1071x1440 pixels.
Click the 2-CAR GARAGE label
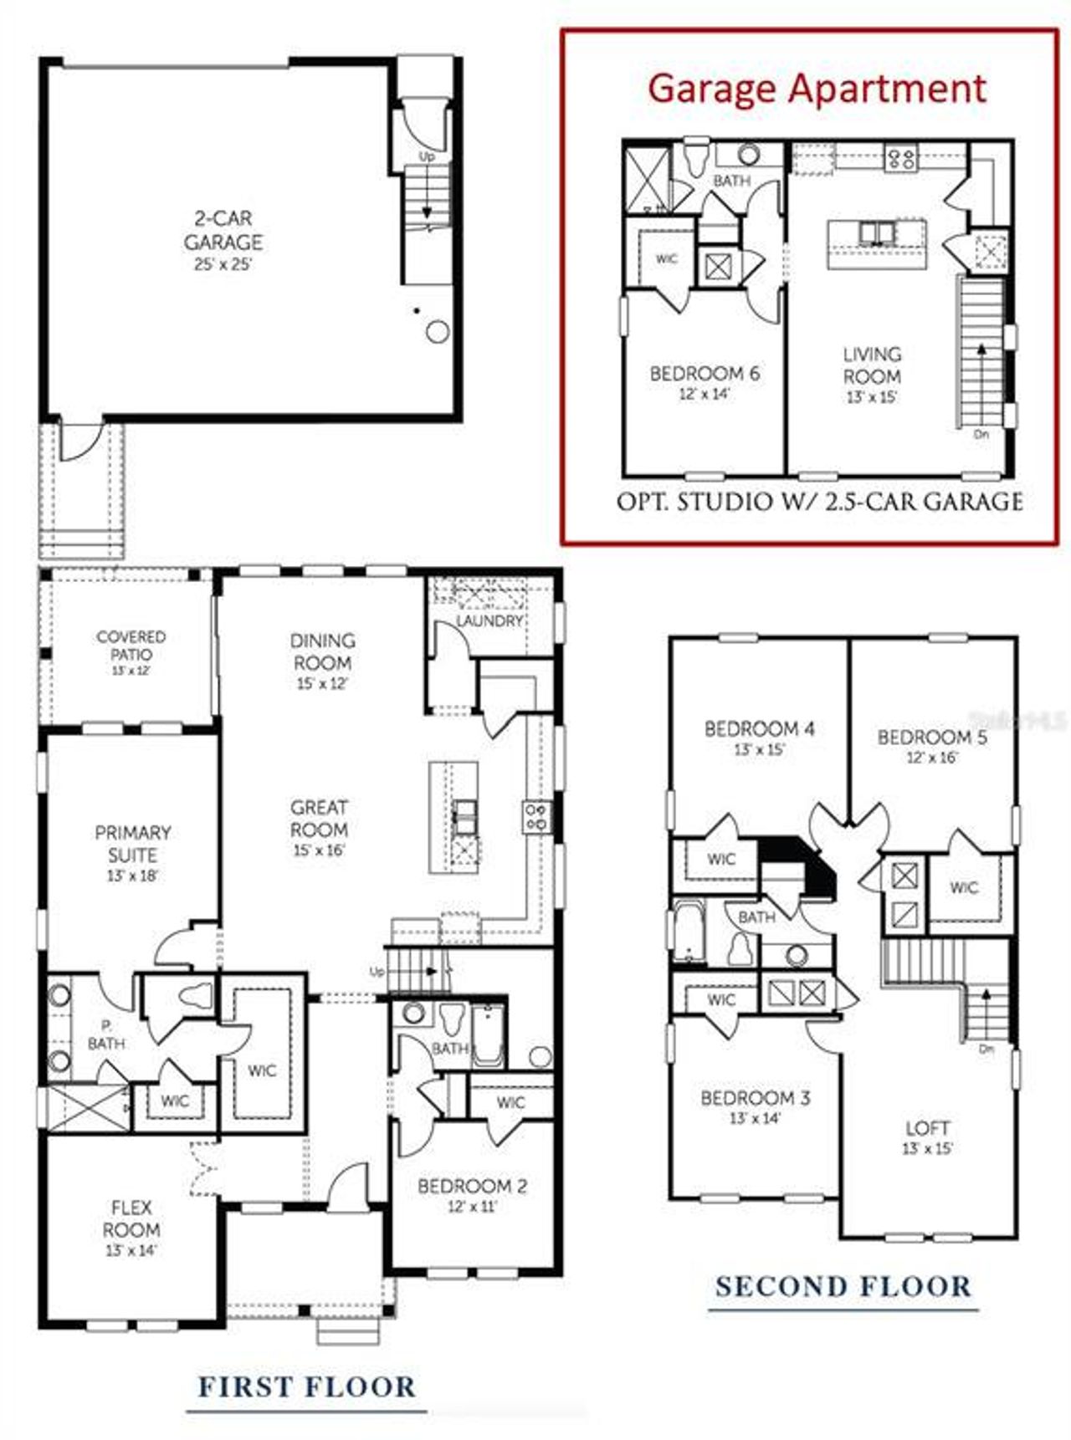click(223, 231)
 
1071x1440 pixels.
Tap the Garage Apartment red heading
click(817, 89)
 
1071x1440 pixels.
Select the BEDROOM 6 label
click(705, 373)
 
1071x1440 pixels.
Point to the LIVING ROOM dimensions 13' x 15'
click(872, 398)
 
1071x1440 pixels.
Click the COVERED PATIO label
click(131, 646)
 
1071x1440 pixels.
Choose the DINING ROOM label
click(322, 651)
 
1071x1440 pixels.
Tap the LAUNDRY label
click(489, 620)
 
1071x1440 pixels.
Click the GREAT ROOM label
click(319, 819)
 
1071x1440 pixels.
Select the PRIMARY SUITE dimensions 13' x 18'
click(132, 876)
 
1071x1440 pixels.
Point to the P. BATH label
click(106, 1034)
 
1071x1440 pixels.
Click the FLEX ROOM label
click(131, 1218)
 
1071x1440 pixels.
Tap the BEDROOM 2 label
click(472, 1186)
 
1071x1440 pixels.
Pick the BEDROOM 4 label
click(759, 728)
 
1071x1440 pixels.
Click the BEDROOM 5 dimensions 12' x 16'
click(931, 758)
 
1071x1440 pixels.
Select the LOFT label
click(927, 1127)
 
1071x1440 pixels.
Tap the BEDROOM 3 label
click(755, 1097)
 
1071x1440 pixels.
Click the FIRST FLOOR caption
click(306, 1386)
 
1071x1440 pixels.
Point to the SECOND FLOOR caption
click(843, 1286)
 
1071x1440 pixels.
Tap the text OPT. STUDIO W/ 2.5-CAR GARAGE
click(819, 502)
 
